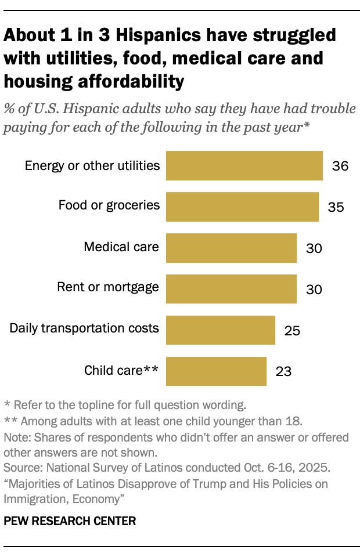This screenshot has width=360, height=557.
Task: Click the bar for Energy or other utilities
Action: pyautogui.click(x=244, y=166)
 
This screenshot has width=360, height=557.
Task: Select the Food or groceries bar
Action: pyautogui.click(x=242, y=207)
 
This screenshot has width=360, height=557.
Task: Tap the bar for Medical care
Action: pyautogui.click(x=231, y=248)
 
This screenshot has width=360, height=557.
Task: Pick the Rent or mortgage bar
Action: pyautogui.click(x=231, y=289)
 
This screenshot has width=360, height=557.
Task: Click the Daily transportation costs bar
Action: pyautogui.click(x=221, y=330)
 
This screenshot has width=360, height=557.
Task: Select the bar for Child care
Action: pyautogui.click(x=216, y=371)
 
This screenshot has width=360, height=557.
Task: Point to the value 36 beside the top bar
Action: pyautogui.click(x=340, y=167)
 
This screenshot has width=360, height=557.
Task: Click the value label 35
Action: pyautogui.click(x=336, y=208)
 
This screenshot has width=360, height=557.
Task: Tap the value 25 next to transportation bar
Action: pyautogui.click(x=292, y=331)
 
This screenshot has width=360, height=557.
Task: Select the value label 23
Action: pyautogui.click(x=283, y=372)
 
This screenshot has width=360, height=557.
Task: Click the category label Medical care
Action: pyautogui.click(x=121, y=247)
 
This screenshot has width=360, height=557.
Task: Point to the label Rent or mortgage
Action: pyautogui.click(x=108, y=287)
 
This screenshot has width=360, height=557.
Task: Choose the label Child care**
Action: pyautogui.click(x=121, y=370)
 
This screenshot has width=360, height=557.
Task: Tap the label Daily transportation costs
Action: pyautogui.click(x=84, y=328)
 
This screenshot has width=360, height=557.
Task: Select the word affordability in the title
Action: pyautogui.click(x=134, y=82)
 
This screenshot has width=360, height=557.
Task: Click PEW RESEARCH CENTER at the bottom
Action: pyautogui.click(x=70, y=521)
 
